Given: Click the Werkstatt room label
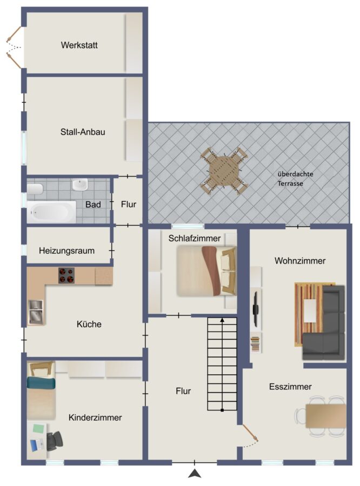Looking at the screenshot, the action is click(79, 45).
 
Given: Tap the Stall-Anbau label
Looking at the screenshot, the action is click(83, 132).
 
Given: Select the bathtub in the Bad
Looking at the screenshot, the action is click(51, 212).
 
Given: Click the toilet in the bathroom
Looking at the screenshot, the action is click(35, 189).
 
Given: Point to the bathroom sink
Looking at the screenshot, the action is click(80, 185).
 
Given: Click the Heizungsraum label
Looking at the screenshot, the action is click(66, 251).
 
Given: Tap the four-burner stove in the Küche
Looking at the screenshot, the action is click(66, 275).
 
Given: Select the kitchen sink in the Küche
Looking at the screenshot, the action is click(36, 312).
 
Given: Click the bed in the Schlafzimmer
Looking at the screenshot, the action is click(206, 271).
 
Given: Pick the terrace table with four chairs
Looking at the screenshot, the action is click(224, 171).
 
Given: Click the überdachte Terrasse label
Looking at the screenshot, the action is click(295, 179).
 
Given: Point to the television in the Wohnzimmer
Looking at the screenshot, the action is click(256, 309).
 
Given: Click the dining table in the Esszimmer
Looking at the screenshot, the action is click(325, 416).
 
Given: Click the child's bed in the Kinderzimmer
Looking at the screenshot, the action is click(41, 390).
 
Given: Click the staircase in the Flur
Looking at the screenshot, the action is click(222, 364).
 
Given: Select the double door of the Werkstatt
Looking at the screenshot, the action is click(14, 48).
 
